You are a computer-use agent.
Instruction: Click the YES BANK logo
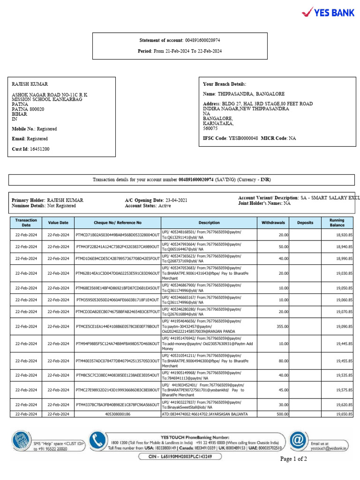coord(328,12)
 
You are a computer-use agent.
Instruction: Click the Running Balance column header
coord(337,223)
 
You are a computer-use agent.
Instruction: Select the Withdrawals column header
coord(273,223)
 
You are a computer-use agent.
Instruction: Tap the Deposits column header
coord(305,223)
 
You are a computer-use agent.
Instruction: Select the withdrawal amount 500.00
coord(282,414)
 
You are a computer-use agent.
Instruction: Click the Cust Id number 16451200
coord(40,149)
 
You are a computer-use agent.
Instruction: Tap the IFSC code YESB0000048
coord(243,139)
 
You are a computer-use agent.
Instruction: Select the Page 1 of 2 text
coord(293,459)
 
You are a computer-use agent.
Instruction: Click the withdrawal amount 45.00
coord(283,390)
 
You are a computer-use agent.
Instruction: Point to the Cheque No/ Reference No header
coord(117,223)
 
